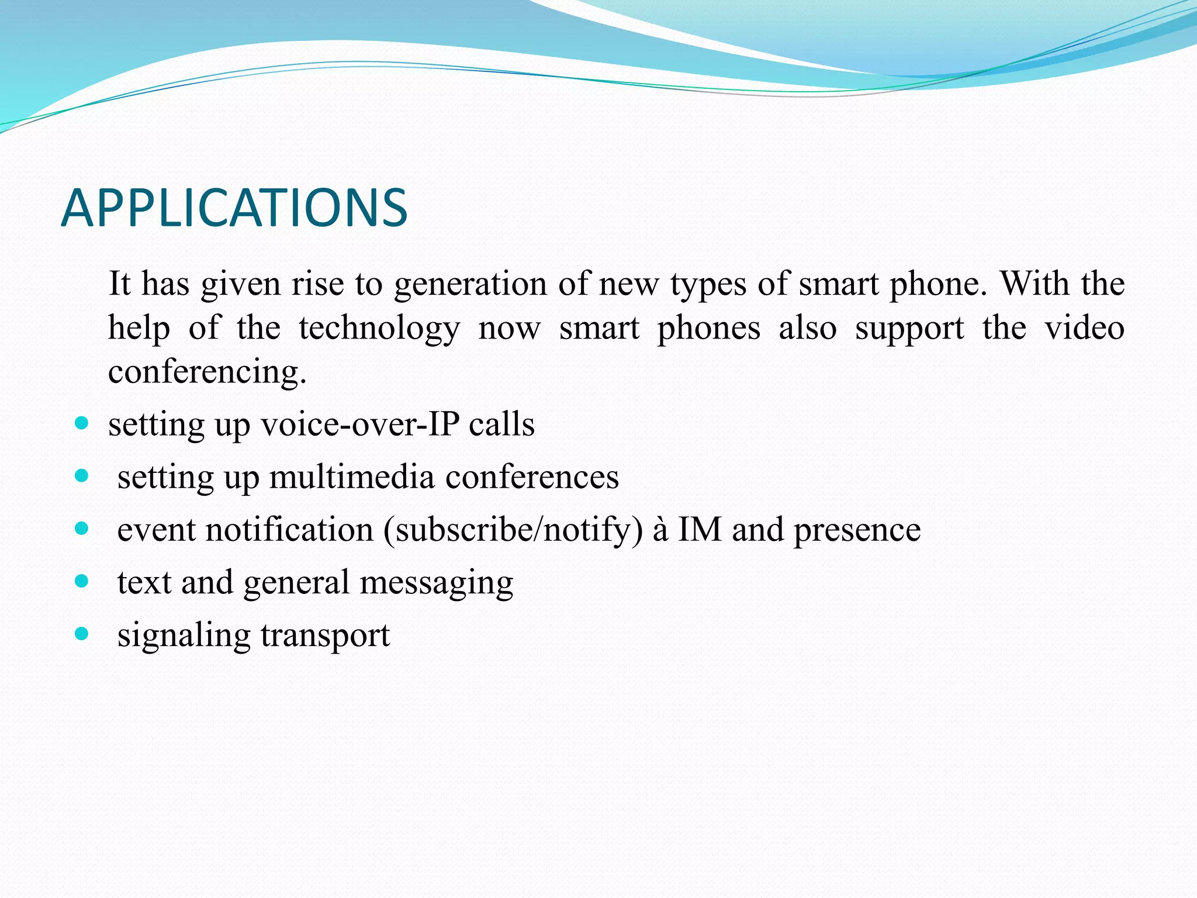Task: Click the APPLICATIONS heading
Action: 234,208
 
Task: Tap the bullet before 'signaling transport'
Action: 82,634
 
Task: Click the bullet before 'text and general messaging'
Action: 82,581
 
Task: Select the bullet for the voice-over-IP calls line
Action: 82,423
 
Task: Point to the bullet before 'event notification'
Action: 82,529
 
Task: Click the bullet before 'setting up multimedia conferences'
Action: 82,476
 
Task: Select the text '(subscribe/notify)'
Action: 513,531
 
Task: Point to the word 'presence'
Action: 857,531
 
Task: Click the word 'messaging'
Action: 436,583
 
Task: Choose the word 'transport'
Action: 325,636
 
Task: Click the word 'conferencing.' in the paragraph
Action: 207,372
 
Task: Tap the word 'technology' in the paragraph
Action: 379,329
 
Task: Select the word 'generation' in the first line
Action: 470,285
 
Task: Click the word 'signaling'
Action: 184,636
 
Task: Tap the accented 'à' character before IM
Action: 660,530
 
